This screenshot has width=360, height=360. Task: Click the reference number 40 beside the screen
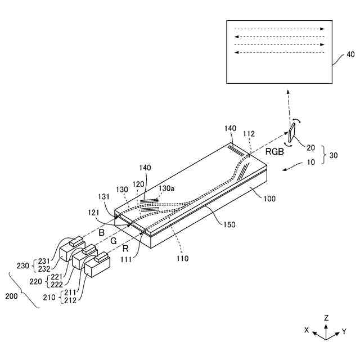click(350, 55)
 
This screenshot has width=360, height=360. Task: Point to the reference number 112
click(249, 134)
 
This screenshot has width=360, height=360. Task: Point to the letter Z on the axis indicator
click(326, 318)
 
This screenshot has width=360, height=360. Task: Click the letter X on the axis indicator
click(307, 331)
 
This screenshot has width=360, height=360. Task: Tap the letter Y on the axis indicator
click(344, 332)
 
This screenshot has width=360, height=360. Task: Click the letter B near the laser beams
click(102, 232)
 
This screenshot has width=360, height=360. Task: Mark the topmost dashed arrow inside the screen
click(280, 29)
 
